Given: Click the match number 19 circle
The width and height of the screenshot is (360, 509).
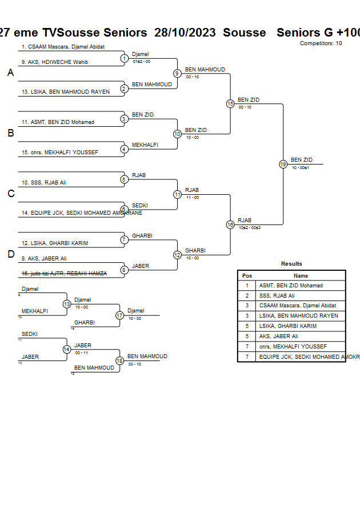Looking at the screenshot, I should tap(283, 164).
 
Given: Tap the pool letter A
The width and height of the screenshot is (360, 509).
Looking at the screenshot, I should tap(11, 73).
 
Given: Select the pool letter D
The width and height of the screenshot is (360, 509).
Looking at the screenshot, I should tap(11, 254).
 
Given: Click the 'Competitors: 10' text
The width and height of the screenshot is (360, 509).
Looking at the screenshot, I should tap(321, 43).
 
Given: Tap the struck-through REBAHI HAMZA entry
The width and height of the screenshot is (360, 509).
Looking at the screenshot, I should tap(64, 274).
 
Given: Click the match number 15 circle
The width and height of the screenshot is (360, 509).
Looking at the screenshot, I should tap(230, 104).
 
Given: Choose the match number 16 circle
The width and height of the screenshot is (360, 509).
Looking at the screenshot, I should tap(230, 225).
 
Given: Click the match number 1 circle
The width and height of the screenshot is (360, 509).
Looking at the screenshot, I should tap(124, 58).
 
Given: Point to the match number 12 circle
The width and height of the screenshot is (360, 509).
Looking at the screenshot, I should tap(177, 255).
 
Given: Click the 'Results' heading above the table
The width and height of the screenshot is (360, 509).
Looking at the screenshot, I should tap(291, 264).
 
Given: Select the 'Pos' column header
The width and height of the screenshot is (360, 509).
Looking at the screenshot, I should tap(247, 275).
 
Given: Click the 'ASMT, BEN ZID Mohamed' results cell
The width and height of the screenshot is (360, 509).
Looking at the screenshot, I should tap(291, 285).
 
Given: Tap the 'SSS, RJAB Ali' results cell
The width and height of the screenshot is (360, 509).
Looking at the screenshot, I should tap(277, 295).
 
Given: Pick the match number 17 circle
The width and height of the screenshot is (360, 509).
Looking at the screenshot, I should tap(119, 315).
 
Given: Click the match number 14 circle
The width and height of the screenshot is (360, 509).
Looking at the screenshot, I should tap(66, 349).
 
